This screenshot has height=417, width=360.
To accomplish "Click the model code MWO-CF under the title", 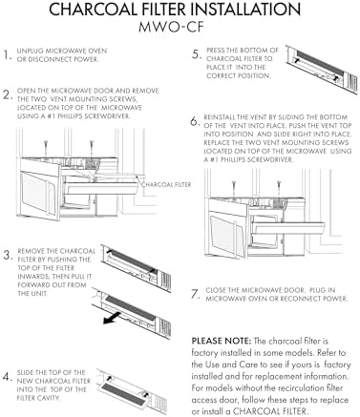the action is point(171,27).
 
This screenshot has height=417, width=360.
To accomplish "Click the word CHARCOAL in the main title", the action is point(94,10).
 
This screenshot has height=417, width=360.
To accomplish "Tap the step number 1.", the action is point(8,54).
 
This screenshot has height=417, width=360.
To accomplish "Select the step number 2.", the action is point(8,94).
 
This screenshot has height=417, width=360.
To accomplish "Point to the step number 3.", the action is point(8,255).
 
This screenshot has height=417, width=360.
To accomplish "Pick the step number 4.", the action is point(8,377).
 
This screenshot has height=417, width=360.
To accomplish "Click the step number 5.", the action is point(197,54).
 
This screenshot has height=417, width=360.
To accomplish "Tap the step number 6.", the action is point(196,121).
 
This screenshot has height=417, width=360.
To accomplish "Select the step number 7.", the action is point(196,294).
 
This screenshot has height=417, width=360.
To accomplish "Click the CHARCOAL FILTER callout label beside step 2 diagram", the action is point(166,184).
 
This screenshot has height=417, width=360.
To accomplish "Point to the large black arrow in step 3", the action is point(112,319).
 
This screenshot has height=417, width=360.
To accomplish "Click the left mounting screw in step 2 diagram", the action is point(47,148).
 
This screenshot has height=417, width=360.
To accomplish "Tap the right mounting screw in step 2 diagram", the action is point(92,148).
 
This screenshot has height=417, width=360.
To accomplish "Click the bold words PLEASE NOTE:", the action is point(222,341).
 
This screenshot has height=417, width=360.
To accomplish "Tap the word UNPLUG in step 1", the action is point(31,51).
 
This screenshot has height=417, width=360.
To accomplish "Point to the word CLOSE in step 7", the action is point(217,290).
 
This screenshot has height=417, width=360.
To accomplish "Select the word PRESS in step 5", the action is point(216,51).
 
